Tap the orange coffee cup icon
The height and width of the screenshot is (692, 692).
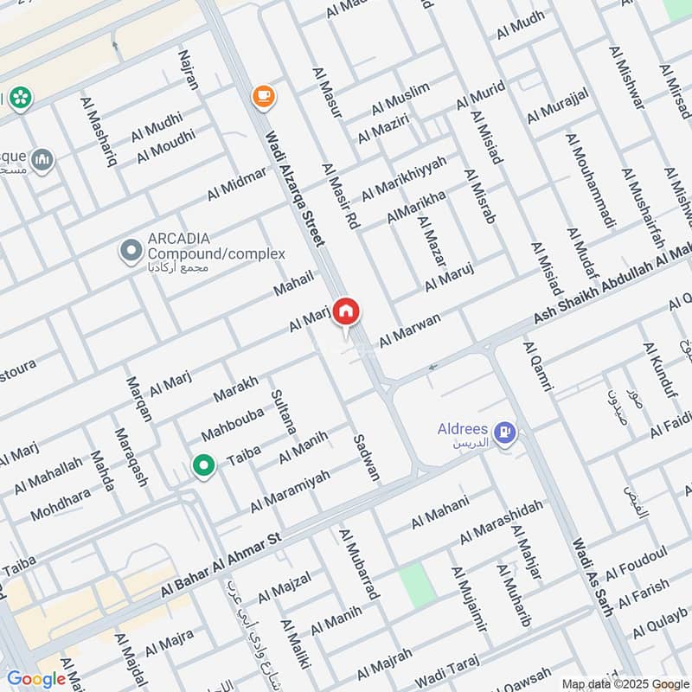(264, 97)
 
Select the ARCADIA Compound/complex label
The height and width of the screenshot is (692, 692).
(215, 246)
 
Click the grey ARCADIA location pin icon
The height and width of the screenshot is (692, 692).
(131, 252)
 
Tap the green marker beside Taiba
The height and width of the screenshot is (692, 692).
(203, 467)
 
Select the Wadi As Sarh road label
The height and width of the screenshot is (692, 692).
(593, 576)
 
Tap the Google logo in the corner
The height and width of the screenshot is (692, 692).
(36, 679)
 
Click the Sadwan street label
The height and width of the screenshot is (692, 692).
(366, 457)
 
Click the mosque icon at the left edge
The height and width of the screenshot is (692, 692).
(42, 160)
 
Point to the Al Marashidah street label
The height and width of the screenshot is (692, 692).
(502, 522)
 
